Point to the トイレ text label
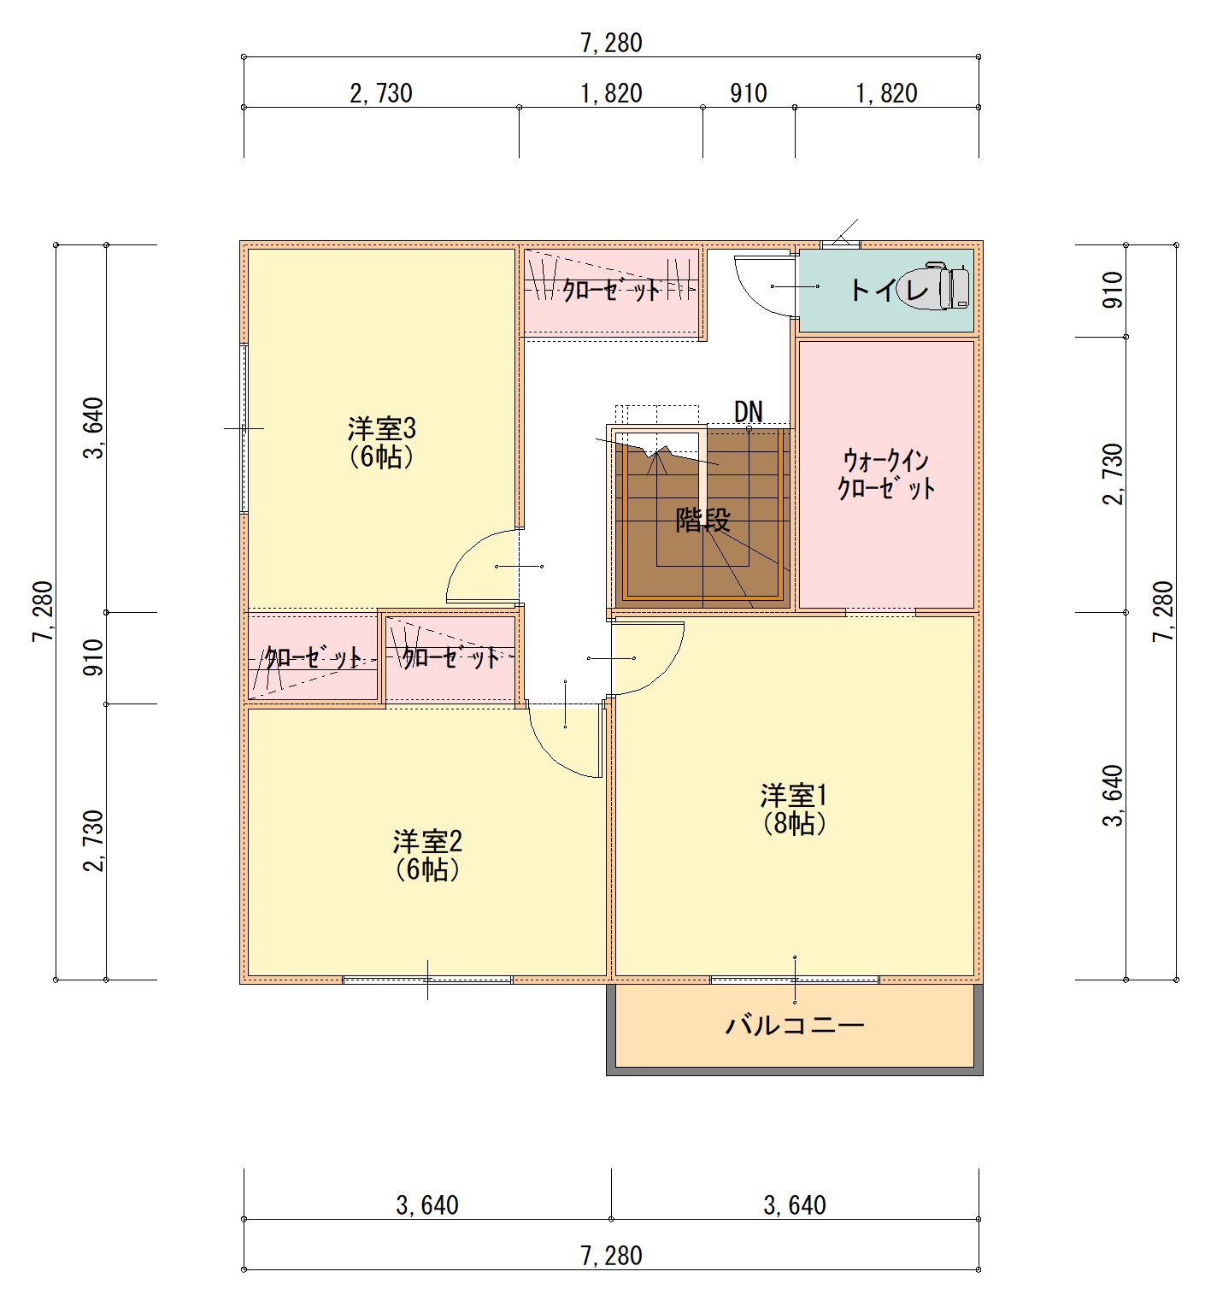[x=889, y=290]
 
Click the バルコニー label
[x=795, y=1024]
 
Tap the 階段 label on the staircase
[x=703, y=520]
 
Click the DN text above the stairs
[x=748, y=411]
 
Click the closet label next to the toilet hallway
[x=611, y=291]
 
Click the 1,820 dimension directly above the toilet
[x=887, y=93]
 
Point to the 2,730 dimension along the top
[x=381, y=93]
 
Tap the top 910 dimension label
[x=749, y=93]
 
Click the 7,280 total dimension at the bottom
[x=611, y=1256]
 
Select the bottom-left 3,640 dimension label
[x=427, y=1205]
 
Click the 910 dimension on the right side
[x=1112, y=291]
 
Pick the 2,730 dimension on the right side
[x=1112, y=474]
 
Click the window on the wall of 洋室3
[x=244, y=428]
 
